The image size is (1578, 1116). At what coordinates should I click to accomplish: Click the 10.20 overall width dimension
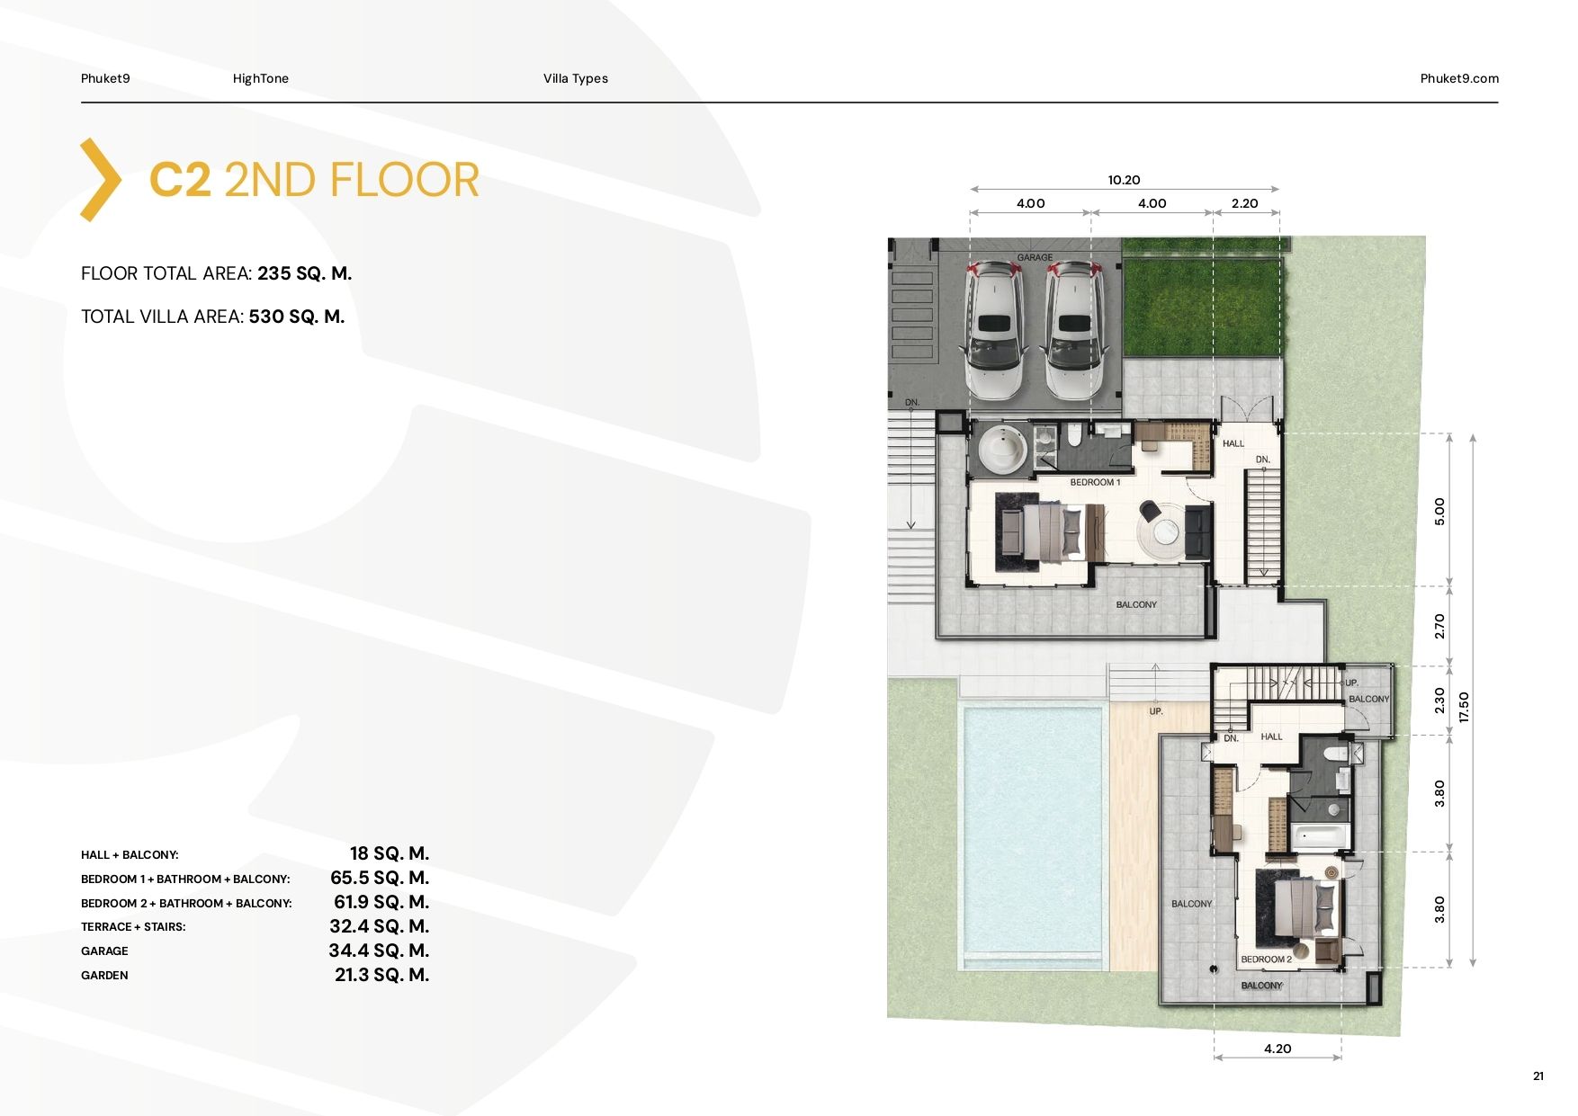1124,180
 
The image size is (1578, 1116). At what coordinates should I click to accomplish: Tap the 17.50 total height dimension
1464,707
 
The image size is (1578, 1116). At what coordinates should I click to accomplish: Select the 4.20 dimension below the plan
1277,1049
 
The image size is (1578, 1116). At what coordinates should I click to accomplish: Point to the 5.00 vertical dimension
1439,511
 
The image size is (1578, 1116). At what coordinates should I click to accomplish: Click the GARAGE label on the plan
1035,257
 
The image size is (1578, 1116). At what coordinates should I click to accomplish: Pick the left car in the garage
993,329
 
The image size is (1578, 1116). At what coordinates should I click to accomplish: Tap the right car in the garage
1074,330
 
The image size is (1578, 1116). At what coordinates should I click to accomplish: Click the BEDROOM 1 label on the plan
1095,483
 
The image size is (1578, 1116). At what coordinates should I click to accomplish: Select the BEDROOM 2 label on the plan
1266,960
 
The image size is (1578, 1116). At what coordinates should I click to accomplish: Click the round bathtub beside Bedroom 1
1002,449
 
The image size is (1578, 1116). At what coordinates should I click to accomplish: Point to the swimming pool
1033,829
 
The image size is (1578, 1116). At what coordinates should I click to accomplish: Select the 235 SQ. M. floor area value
304,273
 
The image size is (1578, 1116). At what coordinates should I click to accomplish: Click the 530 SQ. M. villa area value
297,317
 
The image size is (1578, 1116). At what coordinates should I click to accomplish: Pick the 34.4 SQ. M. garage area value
379,951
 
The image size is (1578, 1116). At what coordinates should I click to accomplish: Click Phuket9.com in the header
1459,78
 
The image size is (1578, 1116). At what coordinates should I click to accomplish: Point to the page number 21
1538,1076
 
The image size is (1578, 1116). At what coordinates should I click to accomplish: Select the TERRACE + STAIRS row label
133,927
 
